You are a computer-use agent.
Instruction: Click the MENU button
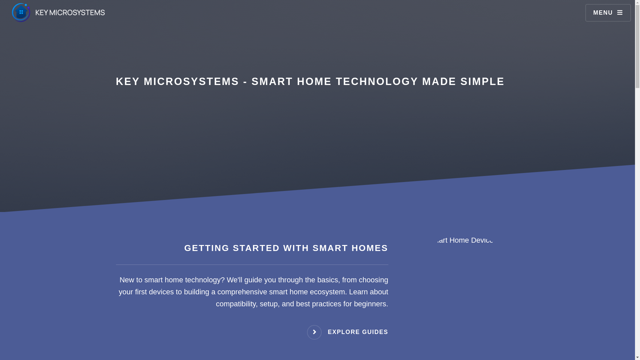click(x=608, y=13)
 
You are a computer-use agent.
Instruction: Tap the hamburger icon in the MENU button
click(x=620, y=13)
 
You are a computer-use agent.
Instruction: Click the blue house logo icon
click(x=21, y=12)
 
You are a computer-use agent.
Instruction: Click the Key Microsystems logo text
click(x=70, y=13)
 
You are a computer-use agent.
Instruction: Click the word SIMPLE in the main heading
click(x=482, y=82)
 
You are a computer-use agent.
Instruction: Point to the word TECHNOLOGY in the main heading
click(x=377, y=82)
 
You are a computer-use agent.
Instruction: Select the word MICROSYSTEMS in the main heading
click(x=191, y=82)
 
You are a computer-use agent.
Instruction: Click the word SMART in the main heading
click(x=272, y=82)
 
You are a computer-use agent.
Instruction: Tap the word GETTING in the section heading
click(x=207, y=248)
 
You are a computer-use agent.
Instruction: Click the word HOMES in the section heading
click(x=370, y=248)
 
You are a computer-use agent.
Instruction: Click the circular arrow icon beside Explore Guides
click(x=314, y=332)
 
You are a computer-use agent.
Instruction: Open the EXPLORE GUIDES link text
click(x=358, y=332)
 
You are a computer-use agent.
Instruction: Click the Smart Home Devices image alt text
click(x=465, y=240)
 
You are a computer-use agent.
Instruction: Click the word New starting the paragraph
click(x=127, y=280)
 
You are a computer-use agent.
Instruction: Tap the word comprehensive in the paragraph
click(x=242, y=292)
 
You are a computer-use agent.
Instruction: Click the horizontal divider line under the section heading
click(x=252, y=265)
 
